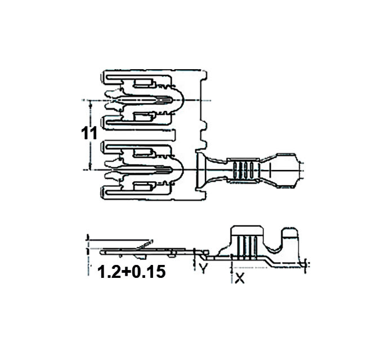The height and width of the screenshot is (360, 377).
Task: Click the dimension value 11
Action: tap(89, 133)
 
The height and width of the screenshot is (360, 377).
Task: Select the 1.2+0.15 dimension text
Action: tap(132, 272)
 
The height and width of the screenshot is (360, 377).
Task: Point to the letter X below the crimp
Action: tap(240, 278)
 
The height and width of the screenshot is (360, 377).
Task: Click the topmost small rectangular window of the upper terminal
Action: tap(143, 83)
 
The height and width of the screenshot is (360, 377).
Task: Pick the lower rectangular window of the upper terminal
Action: tap(143, 117)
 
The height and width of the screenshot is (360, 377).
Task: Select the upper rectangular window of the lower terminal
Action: tap(143, 152)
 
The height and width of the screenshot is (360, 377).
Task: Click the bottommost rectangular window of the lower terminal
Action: tap(143, 187)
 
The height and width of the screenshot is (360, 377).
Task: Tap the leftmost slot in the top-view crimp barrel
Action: tap(236, 170)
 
